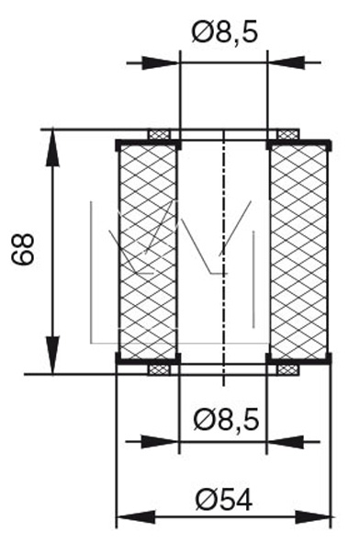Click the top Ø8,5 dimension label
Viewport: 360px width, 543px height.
pyautogui.click(x=225, y=33)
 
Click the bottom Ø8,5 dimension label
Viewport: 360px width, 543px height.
pyautogui.click(x=226, y=420)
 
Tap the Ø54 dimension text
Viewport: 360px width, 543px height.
pyautogui.click(x=224, y=500)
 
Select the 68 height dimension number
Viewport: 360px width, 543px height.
pyautogui.click(x=23, y=249)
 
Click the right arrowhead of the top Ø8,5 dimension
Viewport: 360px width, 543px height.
pyautogui.click(x=287, y=63)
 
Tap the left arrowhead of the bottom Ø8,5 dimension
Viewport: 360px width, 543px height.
pyautogui.click(x=160, y=442)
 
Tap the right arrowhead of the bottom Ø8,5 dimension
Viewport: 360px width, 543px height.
pyautogui.click(x=286, y=442)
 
